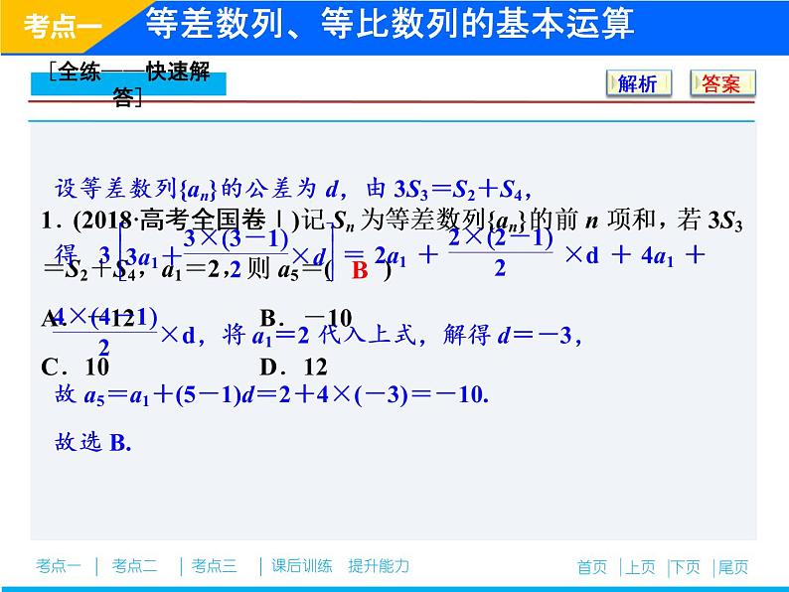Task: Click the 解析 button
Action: tap(638, 83)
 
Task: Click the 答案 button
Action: tap(721, 83)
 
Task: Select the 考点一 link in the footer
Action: tap(59, 566)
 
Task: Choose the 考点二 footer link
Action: tap(135, 566)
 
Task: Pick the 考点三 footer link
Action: tap(215, 566)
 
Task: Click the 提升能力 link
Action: tap(379, 566)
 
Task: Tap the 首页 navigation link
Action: tap(591, 567)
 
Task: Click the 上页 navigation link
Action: tap(640, 567)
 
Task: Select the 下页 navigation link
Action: tap(686, 567)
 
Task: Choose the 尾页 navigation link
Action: tap(732, 567)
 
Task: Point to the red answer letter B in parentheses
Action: tap(360, 270)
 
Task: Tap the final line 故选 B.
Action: tap(93, 442)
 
